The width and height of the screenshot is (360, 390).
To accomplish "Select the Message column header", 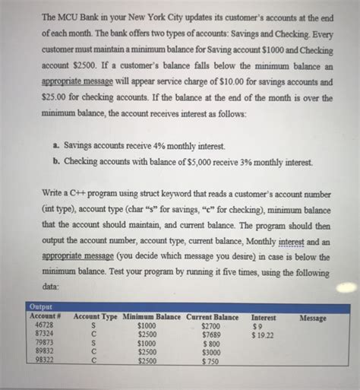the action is coord(314,317).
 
